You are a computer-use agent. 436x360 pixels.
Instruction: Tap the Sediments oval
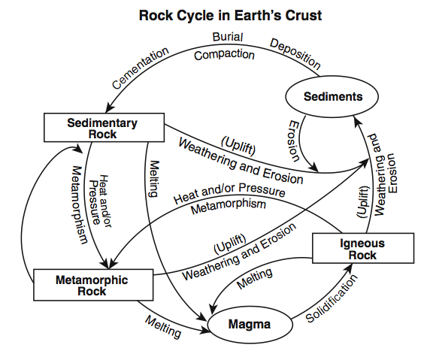333,97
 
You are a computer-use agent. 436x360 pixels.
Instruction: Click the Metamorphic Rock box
92,286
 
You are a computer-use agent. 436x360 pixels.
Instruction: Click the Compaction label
225,54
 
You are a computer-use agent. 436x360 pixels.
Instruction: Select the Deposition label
294,53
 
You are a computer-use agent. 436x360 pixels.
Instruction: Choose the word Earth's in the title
249,16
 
